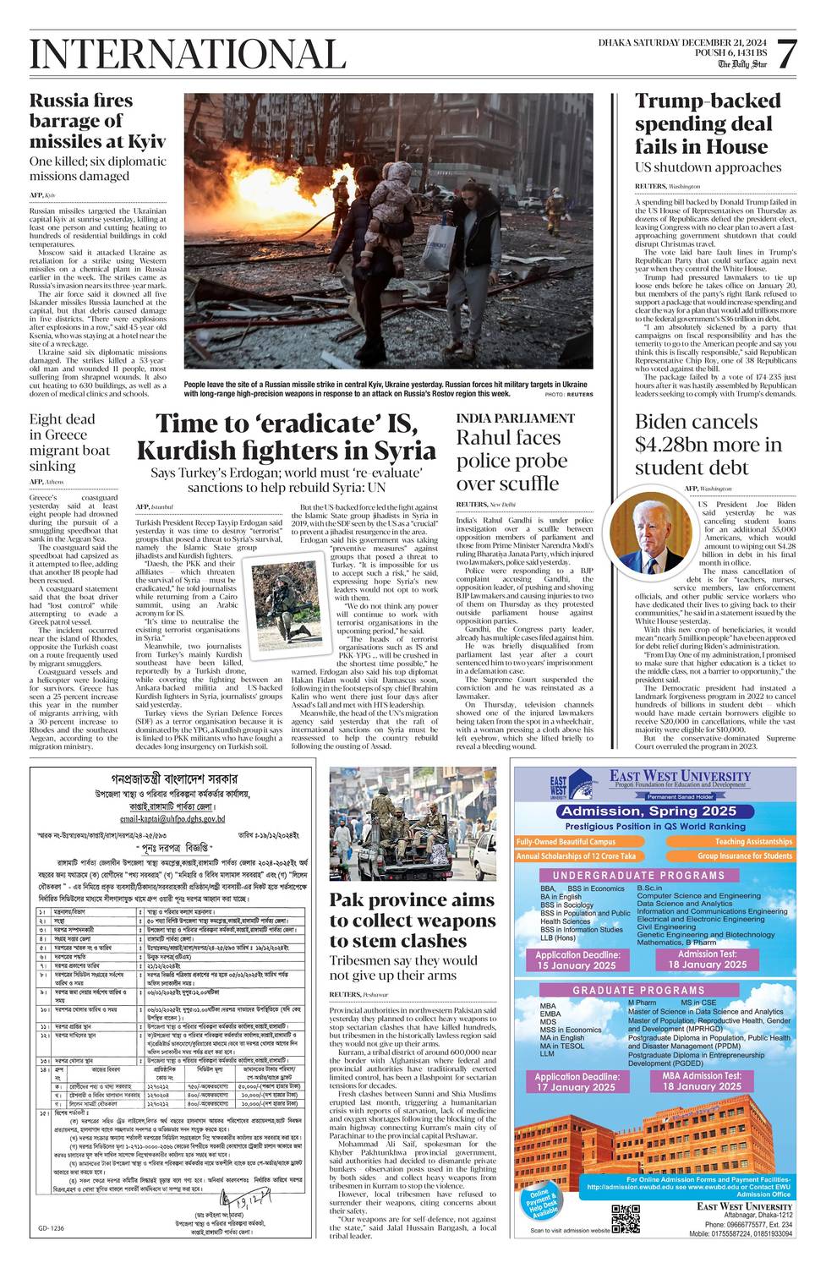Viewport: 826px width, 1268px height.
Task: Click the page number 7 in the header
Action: pyautogui.click(x=785, y=55)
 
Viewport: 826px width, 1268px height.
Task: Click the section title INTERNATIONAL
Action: pyautogui.click(x=188, y=55)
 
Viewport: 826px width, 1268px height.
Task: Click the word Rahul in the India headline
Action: pyautogui.click(x=487, y=438)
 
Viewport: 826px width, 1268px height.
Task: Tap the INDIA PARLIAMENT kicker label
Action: pyautogui.click(x=515, y=418)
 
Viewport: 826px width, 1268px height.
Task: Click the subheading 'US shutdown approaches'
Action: pyautogui.click(x=708, y=167)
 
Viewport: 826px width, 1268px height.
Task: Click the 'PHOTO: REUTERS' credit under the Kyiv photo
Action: pyautogui.click(x=568, y=395)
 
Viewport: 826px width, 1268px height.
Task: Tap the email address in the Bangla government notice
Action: pyautogui.click(x=173, y=819)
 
